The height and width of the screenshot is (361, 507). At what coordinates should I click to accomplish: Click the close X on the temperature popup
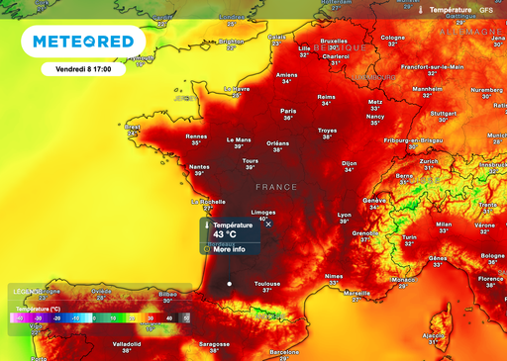click(x=268, y=225)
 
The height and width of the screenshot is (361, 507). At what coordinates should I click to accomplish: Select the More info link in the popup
click(x=229, y=249)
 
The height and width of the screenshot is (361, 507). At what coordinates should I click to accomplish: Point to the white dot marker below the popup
click(x=229, y=284)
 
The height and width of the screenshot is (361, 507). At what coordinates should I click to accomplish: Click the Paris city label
click(x=288, y=111)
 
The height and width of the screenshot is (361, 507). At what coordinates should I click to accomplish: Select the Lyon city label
click(x=345, y=214)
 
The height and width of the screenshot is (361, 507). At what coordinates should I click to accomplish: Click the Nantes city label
click(x=199, y=167)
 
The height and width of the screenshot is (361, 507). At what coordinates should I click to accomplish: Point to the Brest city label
click(x=134, y=128)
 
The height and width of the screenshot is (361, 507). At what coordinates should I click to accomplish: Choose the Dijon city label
click(x=349, y=163)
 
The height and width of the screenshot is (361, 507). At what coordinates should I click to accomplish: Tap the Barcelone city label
click(x=284, y=351)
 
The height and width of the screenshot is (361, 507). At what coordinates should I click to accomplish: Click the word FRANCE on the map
click(x=276, y=186)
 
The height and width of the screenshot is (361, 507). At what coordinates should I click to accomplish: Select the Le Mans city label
click(x=240, y=140)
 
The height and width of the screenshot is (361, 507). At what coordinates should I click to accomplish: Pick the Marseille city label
click(x=356, y=293)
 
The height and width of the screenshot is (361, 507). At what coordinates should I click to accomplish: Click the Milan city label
click(x=444, y=225)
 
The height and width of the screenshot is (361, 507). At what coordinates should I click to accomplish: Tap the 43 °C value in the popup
click(x=226, y=234)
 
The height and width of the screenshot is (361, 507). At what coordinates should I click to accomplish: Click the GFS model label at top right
click(x=485, y=10)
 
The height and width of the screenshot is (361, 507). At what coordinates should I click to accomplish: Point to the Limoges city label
click(x=263, y=212)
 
